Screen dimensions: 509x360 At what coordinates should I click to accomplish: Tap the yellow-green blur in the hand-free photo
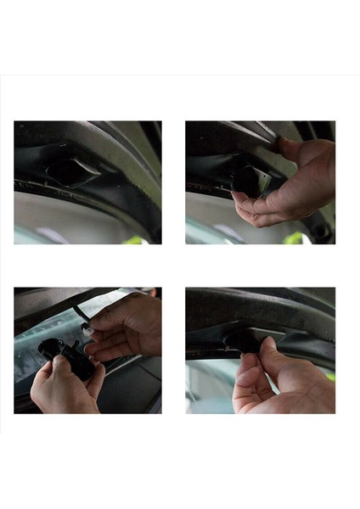[x=134, y=240]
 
